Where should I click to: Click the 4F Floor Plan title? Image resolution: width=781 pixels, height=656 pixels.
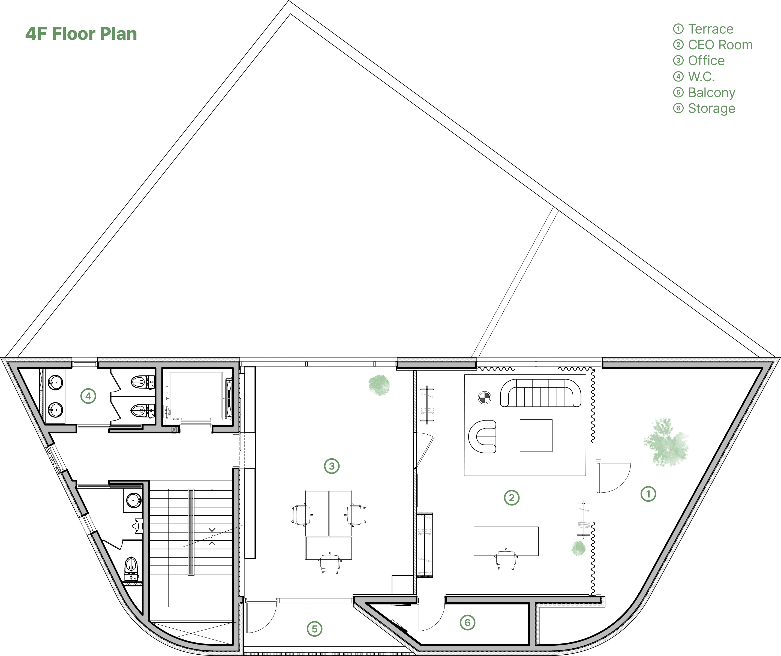pyautogui.click(x=81, y=34)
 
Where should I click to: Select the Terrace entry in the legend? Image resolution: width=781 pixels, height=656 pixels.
pyautogui.click(x=703, y=29)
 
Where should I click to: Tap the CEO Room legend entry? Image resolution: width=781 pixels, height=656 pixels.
pyautogui.click(x=713, y=45)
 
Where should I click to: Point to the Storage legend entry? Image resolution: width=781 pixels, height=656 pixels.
pyautogui.click(x=704, y=109)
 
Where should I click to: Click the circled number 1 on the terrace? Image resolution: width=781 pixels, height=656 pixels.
pyautogui.click(x=648, y=494)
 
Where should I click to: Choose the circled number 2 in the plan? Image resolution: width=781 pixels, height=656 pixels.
pyautogui.click(x=512, y=498)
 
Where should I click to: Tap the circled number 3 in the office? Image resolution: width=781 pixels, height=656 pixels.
pyautogui.click(x=332, y=466)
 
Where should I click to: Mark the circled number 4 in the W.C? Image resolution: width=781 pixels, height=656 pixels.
pyautogui.click(x=88, y=396)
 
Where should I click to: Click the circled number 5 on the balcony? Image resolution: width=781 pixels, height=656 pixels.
pyautogui.click(x=314, y=629)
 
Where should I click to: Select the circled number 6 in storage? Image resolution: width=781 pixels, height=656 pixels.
pyautogui.click(x=467, y=622)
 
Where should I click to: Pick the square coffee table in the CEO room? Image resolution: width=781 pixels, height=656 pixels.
pyautogui.click(x=536, y=435)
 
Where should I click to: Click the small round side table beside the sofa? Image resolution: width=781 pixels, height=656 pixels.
pyautogui.click(x=484, y=398)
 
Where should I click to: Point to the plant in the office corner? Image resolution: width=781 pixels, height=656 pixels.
pyautogui.click(x=379, y=385)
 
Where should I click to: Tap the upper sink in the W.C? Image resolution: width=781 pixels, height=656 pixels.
pyautogui.click(x=55, y=382)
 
